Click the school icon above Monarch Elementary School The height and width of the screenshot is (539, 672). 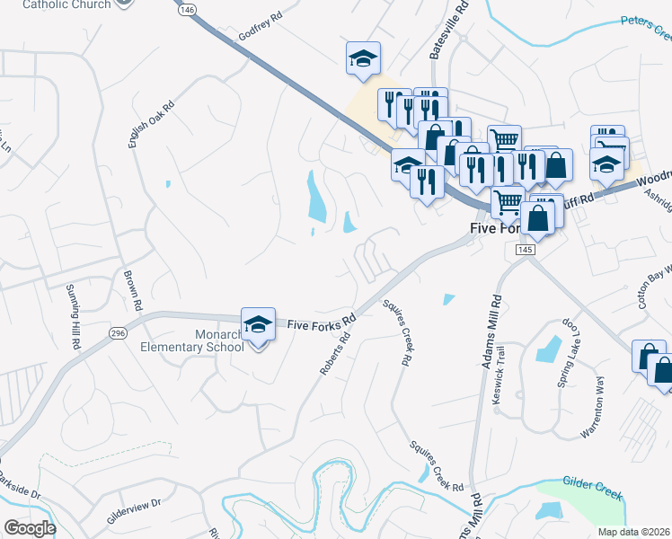pyautogui.click(x=258, y=324)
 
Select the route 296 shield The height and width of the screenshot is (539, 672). pyautogui.click(x=118, y=333)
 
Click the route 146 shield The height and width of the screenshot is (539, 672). pyautogui.click(x=186, y=10)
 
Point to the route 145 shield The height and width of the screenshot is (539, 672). pyautogui.click(x=526, y=249)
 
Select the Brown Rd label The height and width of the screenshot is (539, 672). pyautogui.click(x=133, y=286)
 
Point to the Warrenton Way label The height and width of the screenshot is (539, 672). pyautogui.click(x=597, y=406)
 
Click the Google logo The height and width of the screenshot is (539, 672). pyautogui.click(x=30, y=527)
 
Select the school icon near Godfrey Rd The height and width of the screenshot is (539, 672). pyautogui.click(x=362, y=58)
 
